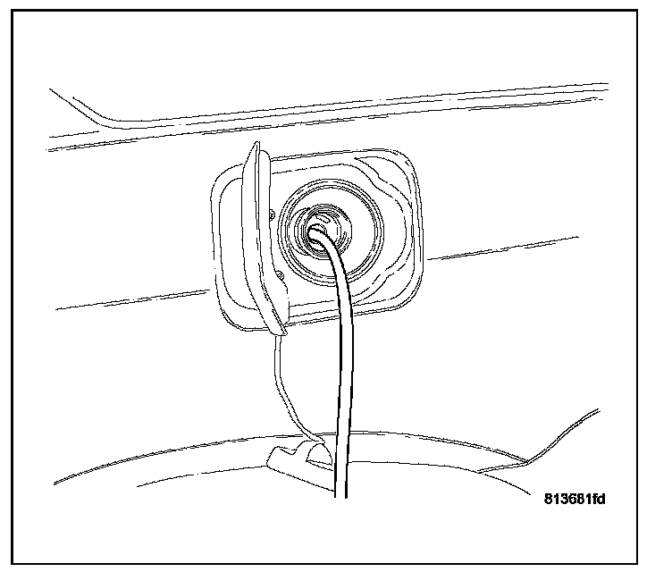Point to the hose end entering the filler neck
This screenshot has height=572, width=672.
[x=317, y=234]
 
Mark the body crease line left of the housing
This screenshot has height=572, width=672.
[x=134, y=299]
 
